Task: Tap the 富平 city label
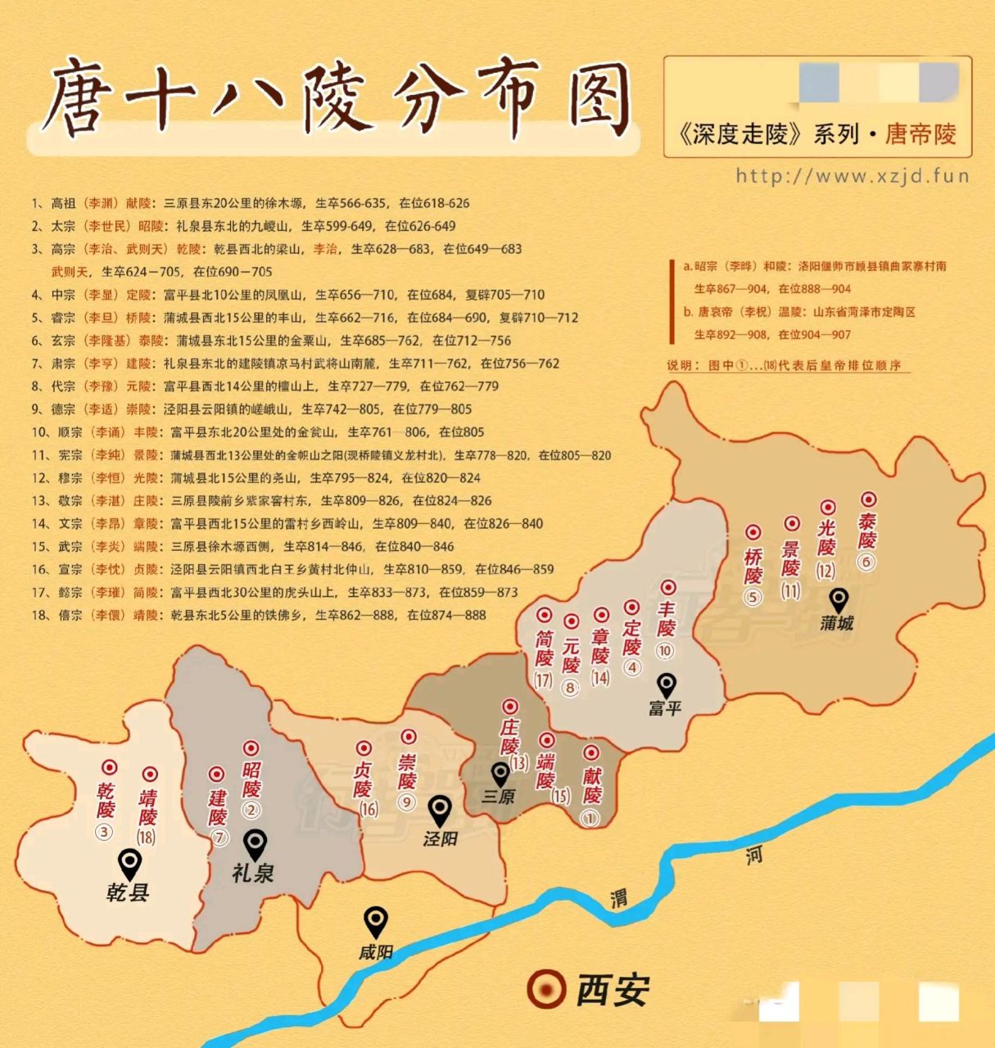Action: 665,707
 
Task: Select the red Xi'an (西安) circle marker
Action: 546,988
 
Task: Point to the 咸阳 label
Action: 375,952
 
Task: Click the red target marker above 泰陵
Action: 867,499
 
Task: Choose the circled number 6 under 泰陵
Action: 866,562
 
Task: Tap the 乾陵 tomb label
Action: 106,799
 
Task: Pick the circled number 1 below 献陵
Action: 590,817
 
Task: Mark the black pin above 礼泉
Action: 256,843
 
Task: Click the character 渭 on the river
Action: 619,898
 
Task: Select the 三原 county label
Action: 499,795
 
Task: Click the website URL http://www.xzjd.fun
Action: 852,175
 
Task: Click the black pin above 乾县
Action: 129,863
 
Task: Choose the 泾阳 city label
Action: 440,838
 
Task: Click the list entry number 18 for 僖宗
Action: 40,615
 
